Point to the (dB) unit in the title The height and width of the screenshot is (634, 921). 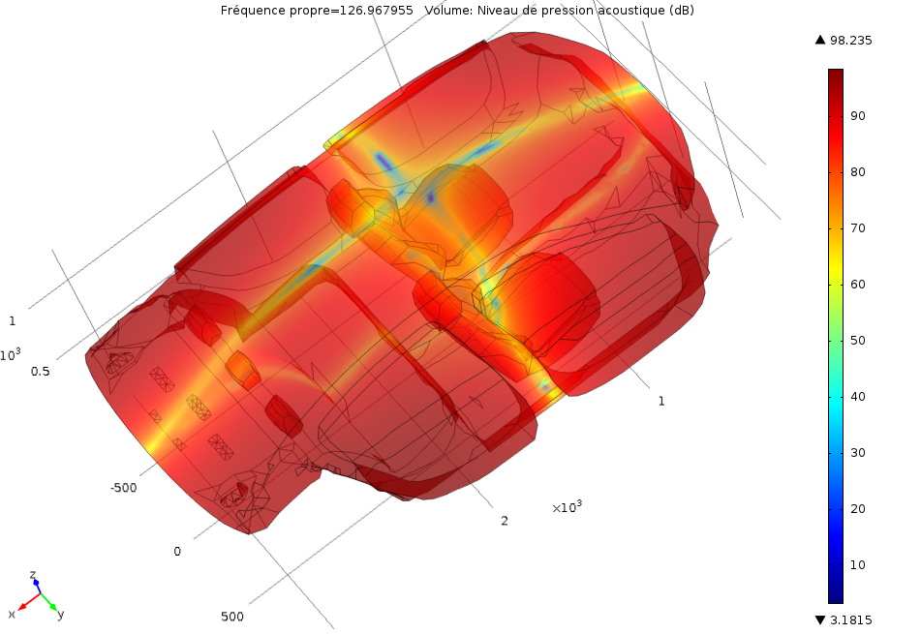click(x=681, y=11)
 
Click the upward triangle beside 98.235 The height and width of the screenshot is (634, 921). click(x=820, y=40)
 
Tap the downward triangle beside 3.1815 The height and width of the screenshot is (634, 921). click(x=820, y=619)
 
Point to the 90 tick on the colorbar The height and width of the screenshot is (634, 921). click(x=857, y=116)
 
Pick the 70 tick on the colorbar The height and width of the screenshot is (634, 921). click(x=857, y=228)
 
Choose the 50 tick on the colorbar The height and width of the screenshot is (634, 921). click(x=857, y=341)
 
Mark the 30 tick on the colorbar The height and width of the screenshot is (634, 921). click(x=857, y=453)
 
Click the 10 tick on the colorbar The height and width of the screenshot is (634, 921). click(x=857, y=565)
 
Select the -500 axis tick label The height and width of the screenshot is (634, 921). click(x=123, y=488)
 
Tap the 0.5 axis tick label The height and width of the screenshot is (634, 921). click(x=41, y=372)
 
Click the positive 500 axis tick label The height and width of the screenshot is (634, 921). click(x=232, y=617)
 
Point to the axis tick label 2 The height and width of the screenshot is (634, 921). click(x=505, y=521)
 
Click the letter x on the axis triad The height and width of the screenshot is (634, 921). click(x=12, y=614)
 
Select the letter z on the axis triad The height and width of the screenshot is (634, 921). click(x=33, y=575)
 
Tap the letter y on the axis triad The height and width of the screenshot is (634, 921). click(x=60, y=614)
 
